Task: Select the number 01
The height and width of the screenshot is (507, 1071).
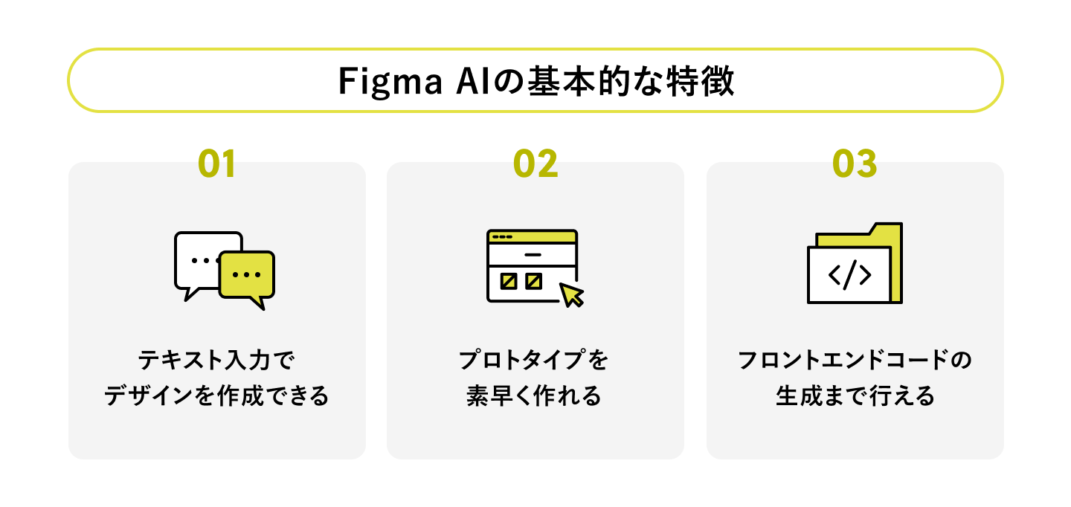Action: [216, 164]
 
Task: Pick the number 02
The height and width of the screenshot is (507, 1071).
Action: [535, 164]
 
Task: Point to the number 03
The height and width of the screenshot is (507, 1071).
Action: [855, 164]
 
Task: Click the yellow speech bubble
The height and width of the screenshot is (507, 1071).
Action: [247, 274]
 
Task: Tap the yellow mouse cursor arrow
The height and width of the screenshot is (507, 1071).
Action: [571, 294]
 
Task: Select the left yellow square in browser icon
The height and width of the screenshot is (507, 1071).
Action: [509, 281]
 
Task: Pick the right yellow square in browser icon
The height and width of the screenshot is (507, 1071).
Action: [533, 281]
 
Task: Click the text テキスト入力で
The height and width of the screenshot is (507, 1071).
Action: [216, 361]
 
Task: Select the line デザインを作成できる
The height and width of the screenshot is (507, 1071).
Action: [216, 395]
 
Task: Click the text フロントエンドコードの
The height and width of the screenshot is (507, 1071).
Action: [855, 361]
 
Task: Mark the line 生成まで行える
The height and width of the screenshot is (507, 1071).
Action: [855, 395]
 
